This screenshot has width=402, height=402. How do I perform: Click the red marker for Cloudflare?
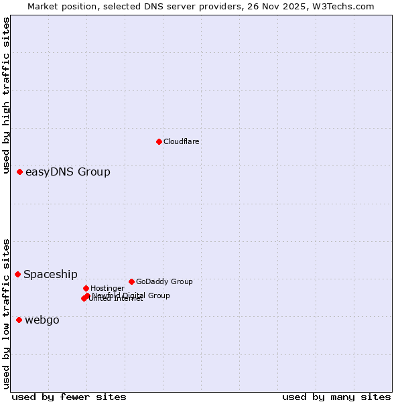point(159,141)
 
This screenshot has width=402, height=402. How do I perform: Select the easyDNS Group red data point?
point(20,172)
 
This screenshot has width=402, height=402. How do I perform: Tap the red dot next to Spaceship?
point(18,274)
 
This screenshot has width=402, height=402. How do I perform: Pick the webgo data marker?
point(19,320)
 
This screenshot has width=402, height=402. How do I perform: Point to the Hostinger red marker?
point(86,288)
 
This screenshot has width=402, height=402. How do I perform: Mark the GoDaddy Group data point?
point(131,281)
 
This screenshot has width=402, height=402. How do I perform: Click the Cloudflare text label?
point(182,141)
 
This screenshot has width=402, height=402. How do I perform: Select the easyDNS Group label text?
point(68,172)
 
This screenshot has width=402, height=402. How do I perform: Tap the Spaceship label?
point(50,274)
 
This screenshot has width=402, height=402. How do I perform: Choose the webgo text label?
point(42,320)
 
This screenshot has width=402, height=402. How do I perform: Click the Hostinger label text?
point(107,288)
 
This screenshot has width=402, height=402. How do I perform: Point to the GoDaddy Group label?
point(164,281)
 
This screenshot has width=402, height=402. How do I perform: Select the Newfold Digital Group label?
point(131,295)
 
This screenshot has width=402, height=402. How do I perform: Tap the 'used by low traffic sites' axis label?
point(6,313)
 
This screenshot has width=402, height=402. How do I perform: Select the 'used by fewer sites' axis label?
point(69,397)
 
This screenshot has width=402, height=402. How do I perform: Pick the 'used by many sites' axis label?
point(336,397)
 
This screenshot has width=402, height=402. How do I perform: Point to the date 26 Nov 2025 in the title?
point(284,7)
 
